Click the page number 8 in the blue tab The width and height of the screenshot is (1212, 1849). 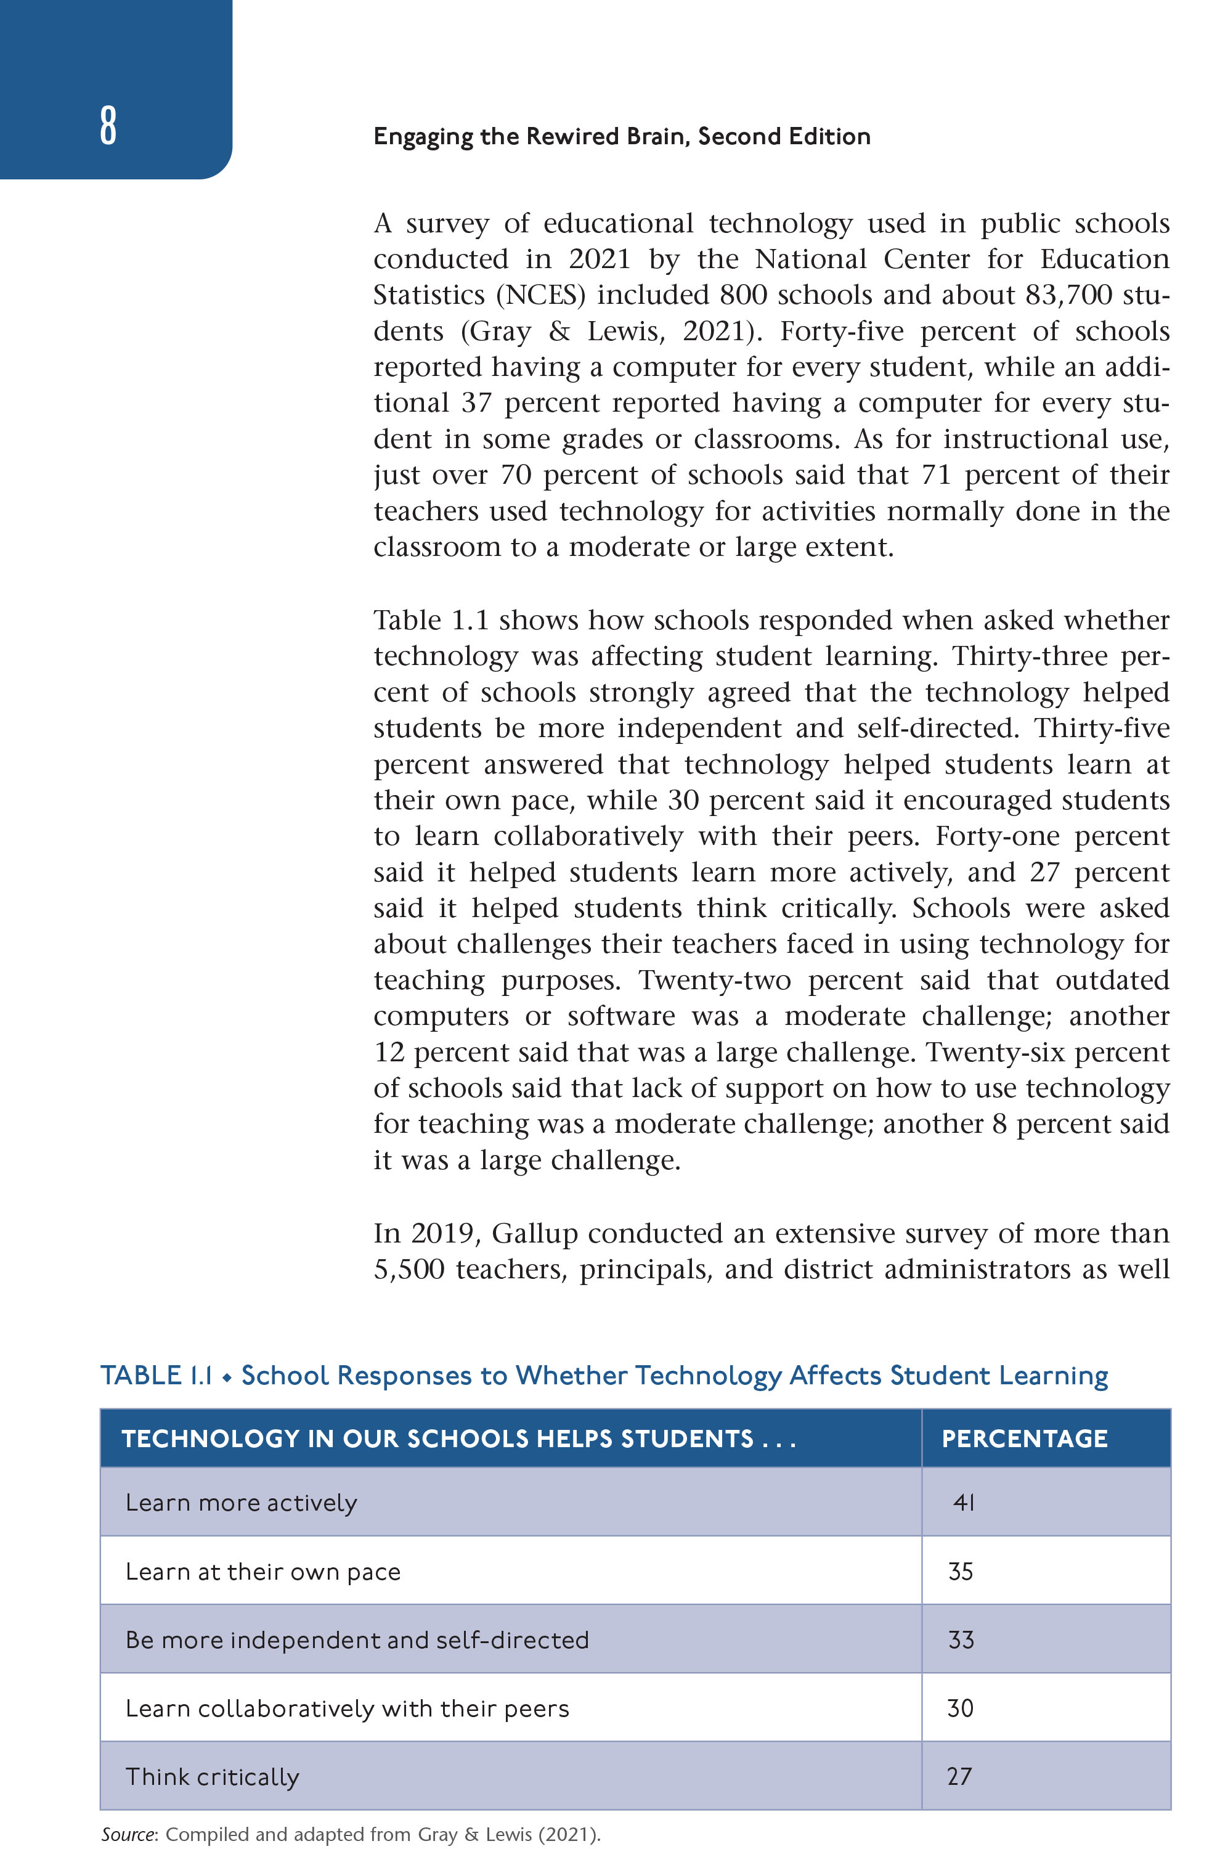click(x=108, y=126)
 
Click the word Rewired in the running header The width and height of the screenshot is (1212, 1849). click(x=575, y=137)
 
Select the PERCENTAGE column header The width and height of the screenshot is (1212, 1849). click(x=1024, y=1439)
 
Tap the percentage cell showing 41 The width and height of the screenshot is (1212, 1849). click(x=964, y=1503)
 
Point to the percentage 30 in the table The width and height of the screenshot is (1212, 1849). click(x=960, y=1708)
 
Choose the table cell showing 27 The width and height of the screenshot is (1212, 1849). click(x=959, y=1776)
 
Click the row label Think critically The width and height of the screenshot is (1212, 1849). click(x=212, y=1777)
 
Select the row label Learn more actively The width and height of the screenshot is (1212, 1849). click(x=241, y=1503)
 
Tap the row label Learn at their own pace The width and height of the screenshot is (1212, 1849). click(x=262, y=1572)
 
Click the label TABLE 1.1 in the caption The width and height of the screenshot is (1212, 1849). click(x=156, y=1376)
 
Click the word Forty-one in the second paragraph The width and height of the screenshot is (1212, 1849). click(x=998, y=837)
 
